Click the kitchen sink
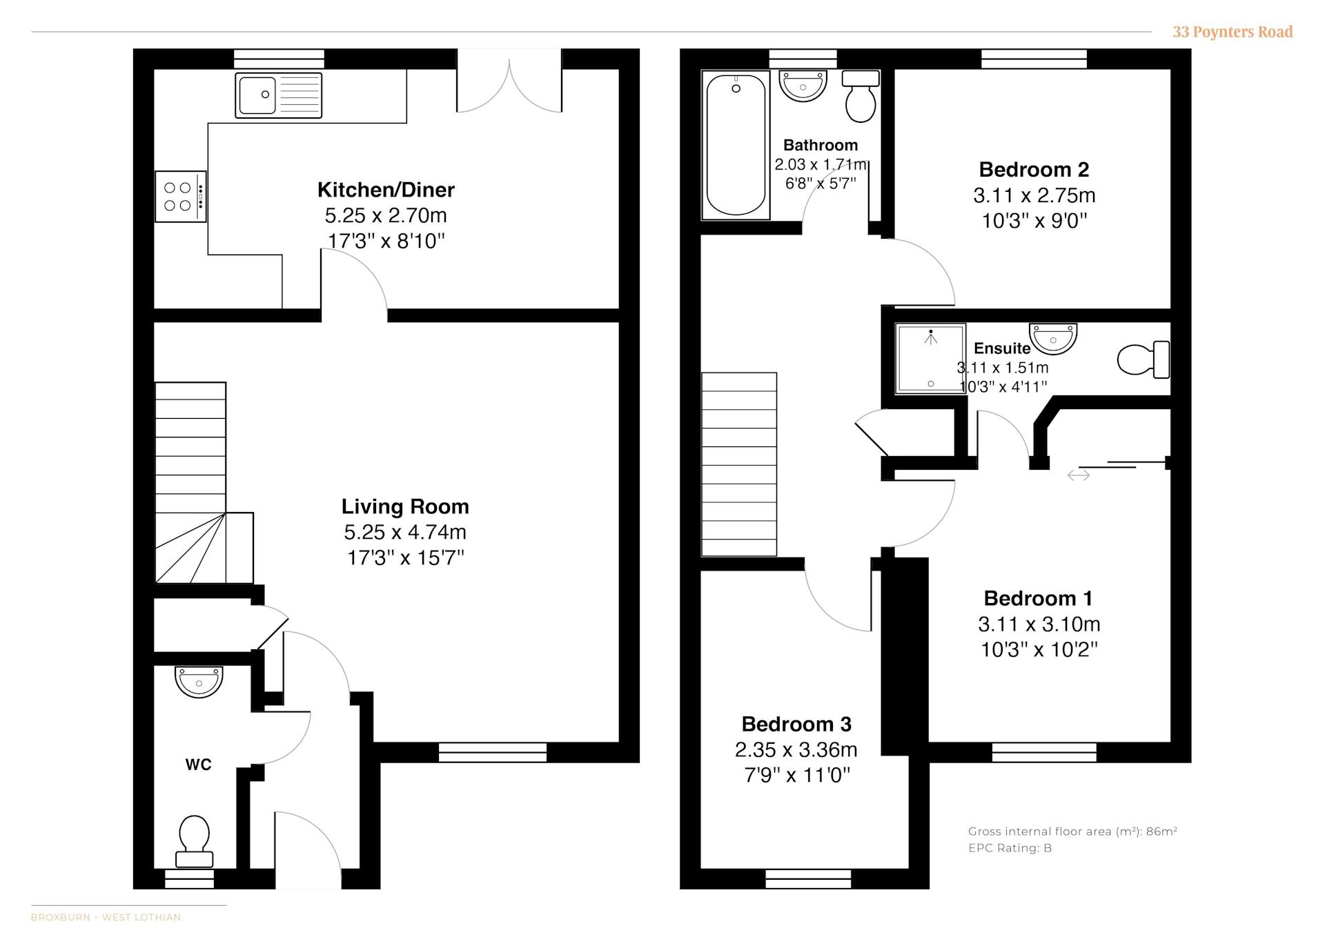click(x=279, y=95)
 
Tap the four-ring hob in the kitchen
click(x=181, y=197)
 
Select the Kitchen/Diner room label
click(x=386, y=190)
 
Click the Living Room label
click(x=405, y=506)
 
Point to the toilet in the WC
click(x=194, y=841)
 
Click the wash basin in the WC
click(x=199, y=682)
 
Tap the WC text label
click(x=198, y=765)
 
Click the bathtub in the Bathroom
click(x=736, y=145)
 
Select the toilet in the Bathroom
click(x=861, y=96)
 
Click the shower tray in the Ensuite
click(x=930, y=359)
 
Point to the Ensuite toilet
click(x=1144, y=359)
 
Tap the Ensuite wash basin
click(x=1053, y=338)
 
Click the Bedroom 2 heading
click(x=1034, y=170)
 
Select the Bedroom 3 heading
click(x=796, y=724)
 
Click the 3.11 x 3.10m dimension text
click(x=1039, y=624)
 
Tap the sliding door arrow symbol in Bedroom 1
click(x=1079, y=475)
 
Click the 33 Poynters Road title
click(x=1233, y=32)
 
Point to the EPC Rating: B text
click(x=1010, y=848)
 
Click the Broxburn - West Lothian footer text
click(x=106, y=917)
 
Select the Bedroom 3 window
click(x=808, y=879)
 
